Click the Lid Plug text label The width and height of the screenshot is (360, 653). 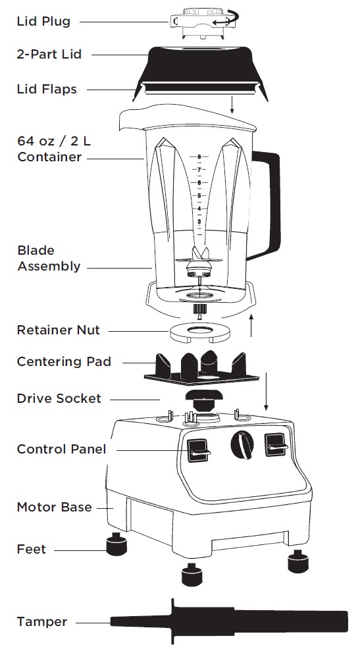(43, 21)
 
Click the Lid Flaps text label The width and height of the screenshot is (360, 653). (46, 89)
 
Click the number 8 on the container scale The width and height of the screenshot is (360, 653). (198, 157)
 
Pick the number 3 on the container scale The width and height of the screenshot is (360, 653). (198, 222)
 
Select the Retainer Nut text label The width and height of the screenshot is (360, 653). (58, 330)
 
